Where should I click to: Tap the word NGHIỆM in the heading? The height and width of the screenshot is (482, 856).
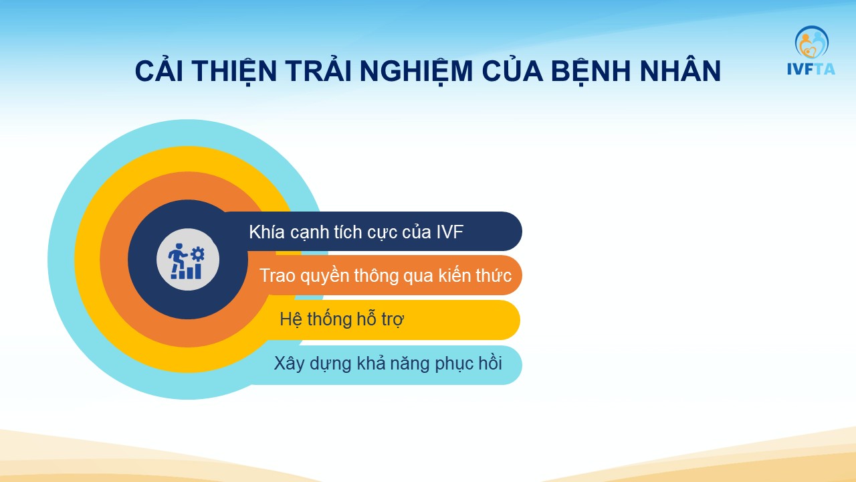tap(416, 72)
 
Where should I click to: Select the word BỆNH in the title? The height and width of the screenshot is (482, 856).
tap(591, 70)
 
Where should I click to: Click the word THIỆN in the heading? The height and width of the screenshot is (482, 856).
tap(234, 72)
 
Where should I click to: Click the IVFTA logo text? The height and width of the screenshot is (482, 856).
tap(811, 69)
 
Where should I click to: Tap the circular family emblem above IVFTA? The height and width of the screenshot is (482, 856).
tap(812, 42)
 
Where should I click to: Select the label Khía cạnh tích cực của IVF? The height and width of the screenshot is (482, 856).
tap(356, 232)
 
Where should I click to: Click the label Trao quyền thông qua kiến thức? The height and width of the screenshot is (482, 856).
tap(385, 275)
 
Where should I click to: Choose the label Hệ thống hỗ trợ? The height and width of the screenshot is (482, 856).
tap(342, 319)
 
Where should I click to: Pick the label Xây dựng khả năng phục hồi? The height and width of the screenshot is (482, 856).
tap(388, 363)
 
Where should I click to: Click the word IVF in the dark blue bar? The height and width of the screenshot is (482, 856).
tap(450, 232)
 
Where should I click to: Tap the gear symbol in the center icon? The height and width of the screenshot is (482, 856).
tap(197, 254)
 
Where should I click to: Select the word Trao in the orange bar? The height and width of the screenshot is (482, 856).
tap(277, 275)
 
